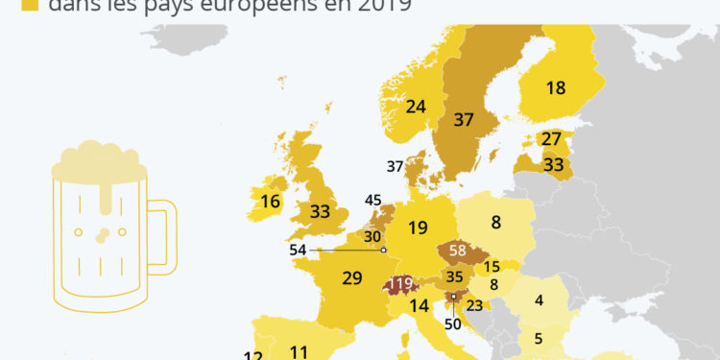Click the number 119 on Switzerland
click(400, 285)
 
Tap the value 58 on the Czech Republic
click(457, 252)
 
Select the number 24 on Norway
click(416, 107)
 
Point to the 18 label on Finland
click(556, 88)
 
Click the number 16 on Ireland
click(271, 202)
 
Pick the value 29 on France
click(352, 278)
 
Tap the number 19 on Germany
click(417, 228)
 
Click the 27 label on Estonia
click(551, 139)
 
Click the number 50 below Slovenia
click(453, 324)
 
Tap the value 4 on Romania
click(539, 300)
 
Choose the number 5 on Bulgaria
click(539, 338)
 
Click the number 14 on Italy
click(419, 307)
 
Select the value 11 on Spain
click(300, 351)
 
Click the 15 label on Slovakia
click(492, 267)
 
